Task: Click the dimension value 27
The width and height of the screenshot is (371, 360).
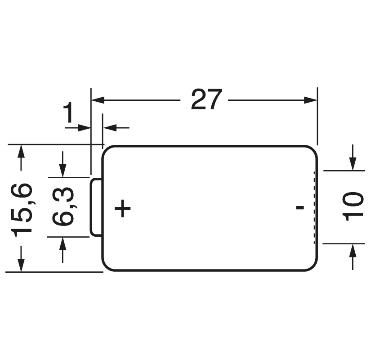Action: click(206, 99)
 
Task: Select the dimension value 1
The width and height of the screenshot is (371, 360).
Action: click(69, 113)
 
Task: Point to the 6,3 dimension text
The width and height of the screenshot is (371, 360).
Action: click(63, 206)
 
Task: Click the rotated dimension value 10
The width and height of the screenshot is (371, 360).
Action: click(353, 206)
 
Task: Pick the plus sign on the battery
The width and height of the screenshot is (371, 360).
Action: click(122, 208)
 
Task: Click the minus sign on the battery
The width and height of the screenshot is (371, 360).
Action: click(300, 208)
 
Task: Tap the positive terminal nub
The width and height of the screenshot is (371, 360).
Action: click(96, 207)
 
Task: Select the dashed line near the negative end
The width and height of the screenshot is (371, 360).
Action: click(314, 207)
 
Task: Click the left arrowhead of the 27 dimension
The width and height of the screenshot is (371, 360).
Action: click(98, 100)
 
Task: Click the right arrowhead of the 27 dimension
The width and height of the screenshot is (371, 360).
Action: click(310, 100)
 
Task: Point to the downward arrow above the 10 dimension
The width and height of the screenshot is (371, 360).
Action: click(353, 157)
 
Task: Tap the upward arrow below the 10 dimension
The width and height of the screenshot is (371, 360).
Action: click(353, 257)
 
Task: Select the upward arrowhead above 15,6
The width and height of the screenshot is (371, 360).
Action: click(21, 151)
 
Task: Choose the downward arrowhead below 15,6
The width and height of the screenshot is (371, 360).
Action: click(21, 265)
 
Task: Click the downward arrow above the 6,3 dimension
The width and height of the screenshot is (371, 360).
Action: click(63, 164)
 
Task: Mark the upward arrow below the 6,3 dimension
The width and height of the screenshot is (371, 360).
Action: click(63, 250)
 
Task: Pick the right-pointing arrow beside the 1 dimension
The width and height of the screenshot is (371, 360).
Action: click(78, 128)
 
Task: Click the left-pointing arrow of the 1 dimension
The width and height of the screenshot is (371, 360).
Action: click(116, 128)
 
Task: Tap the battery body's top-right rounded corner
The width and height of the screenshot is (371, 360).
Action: click(313, 149)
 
